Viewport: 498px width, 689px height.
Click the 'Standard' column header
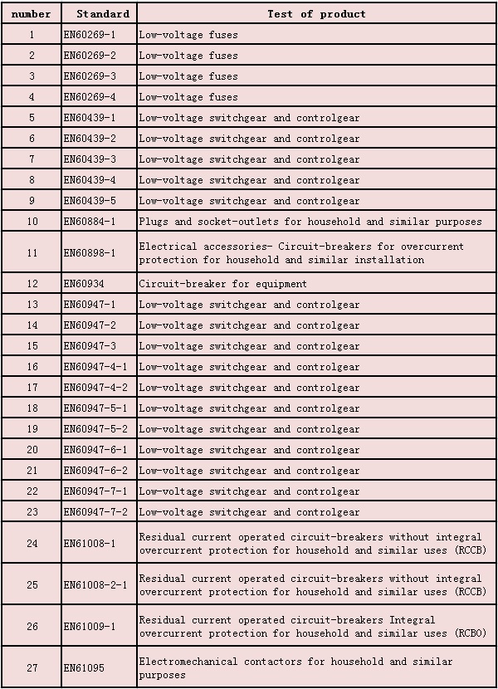click(102, 13)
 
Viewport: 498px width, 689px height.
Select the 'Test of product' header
click(316, 13)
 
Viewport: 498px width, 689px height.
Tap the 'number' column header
click(32, 13)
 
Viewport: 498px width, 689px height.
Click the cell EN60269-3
click(90, 76)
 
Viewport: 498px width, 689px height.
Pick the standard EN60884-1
click(90, 222)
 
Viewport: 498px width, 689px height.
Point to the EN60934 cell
click(84, 284)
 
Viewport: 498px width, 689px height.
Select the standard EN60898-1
click(90, 253)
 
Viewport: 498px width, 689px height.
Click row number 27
click(32, 668)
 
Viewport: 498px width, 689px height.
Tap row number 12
click(32, 284)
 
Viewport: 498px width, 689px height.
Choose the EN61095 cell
click(84, 668)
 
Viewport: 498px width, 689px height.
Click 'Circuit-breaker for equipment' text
click(222, 284)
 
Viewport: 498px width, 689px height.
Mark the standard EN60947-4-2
click(95, 388)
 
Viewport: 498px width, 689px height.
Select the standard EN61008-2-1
click(95, 585)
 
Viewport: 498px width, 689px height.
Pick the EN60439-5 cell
click(90, 201)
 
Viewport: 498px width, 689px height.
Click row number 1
click(32, 35)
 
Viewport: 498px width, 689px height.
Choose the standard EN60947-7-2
click(95, 512)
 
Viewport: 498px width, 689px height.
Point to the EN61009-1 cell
click(90, 627)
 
